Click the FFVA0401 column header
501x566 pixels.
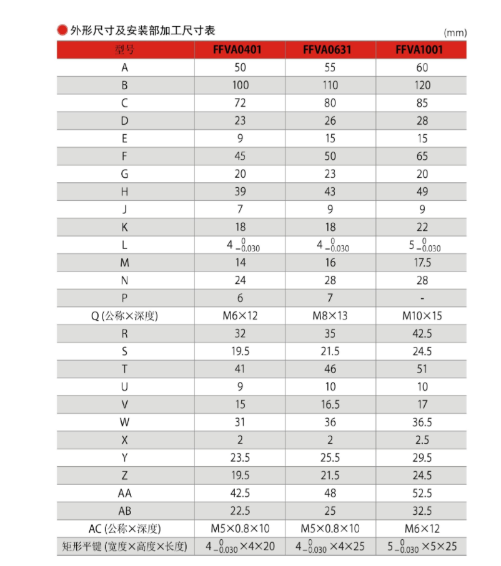point(240,49)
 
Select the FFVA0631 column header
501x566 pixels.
point(330,49)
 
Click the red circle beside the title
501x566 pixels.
point(62,30)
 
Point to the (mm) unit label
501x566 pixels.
point(454,32)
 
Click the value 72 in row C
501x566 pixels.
point(240,102)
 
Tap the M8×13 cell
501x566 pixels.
point(330,316)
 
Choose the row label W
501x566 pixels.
point(124,422)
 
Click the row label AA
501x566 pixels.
point(124,493)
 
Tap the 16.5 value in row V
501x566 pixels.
point(330,404)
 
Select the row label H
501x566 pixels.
point(124,192)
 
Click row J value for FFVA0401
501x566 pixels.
point(240,210)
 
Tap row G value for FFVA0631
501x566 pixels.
point(330,174)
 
